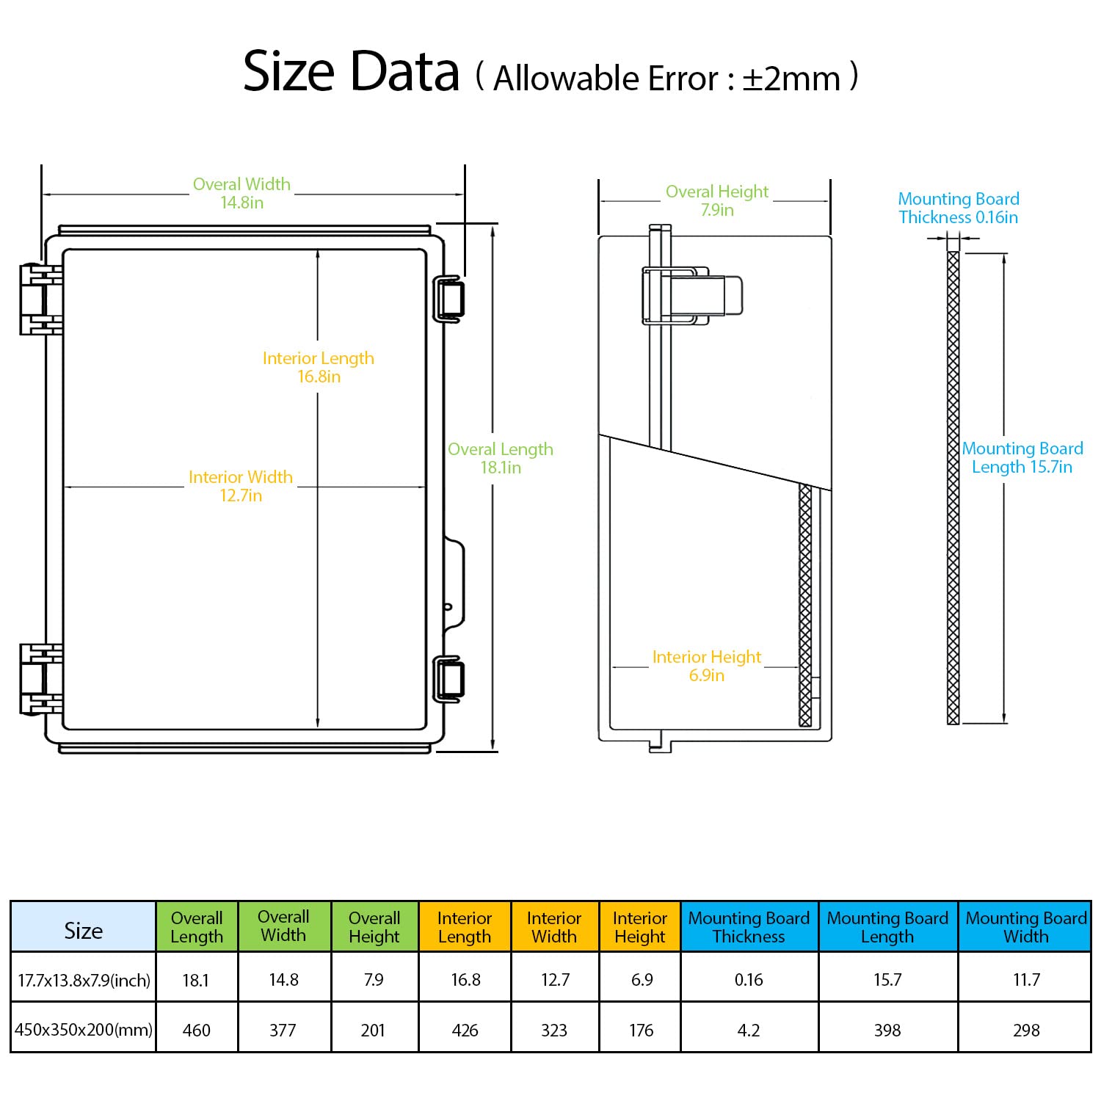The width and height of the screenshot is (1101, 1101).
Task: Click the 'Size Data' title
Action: [351, 72]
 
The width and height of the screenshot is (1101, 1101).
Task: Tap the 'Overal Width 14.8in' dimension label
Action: [241, 193]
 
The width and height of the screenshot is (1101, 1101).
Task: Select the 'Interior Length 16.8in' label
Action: [319, 367]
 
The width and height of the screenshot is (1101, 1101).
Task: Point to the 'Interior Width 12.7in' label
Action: [241, 486]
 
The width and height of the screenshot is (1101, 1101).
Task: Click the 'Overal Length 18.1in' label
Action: [501, 458]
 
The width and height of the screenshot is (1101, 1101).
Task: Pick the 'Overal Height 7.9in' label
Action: [717, 200]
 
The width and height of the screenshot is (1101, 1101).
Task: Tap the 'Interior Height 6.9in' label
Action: [707, 666]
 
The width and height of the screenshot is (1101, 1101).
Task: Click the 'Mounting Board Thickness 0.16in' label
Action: [959, 208]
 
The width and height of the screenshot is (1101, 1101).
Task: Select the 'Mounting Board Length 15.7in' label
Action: [1022, 457]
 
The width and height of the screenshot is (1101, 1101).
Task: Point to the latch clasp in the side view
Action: [693, 295]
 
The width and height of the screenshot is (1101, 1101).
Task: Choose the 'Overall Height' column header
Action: [374, 927]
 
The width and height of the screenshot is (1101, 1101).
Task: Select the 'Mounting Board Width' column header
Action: [1026, 927]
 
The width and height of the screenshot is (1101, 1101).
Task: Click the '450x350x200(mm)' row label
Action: [84, 1029]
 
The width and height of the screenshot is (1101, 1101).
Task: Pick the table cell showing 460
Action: [196, 1030]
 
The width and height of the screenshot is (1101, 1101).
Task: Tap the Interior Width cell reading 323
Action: [554, 1030]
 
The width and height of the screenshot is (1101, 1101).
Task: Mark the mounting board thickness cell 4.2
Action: [749, 1030]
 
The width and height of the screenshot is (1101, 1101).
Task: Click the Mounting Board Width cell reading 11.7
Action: [1026, 979]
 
